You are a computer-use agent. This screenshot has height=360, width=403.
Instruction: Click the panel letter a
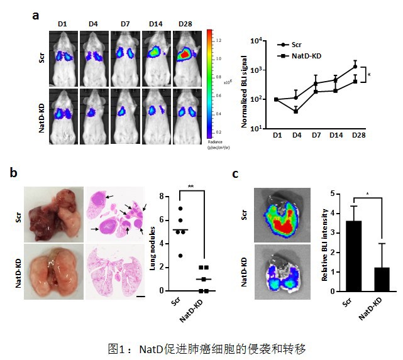click(36, 13)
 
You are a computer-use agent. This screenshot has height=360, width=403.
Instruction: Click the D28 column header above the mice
click(185, 24)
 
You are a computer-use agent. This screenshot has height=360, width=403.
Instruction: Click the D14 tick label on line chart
click(336, 135)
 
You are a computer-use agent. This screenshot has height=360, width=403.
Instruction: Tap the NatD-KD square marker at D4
click(296, 111)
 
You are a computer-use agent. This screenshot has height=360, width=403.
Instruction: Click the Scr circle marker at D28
click(355, 66)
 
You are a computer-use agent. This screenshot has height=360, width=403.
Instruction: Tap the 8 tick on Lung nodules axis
click(162, 197)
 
